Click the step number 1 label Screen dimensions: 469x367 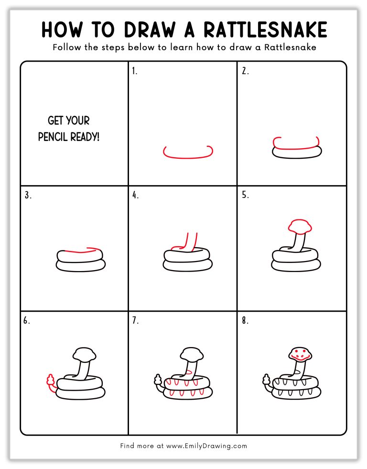(x=135, y=72)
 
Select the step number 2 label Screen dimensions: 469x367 (x=245, y=72)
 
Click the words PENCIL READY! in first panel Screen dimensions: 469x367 (x=69, y=137)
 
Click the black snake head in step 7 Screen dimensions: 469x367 (x=191, y=354)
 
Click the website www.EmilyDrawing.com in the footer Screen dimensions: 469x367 (x=206, y=446)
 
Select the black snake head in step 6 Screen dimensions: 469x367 (x=85, y=354)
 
